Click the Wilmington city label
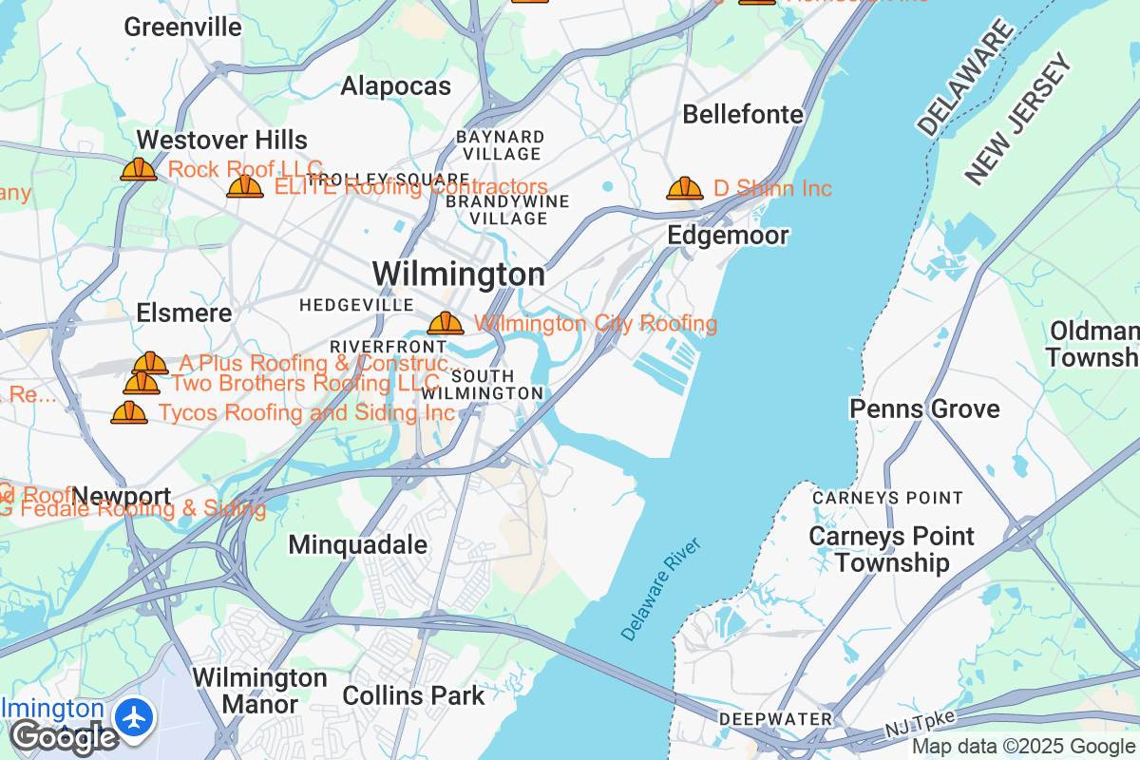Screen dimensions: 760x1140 click(458, 275)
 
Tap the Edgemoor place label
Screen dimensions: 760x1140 click(728, 235)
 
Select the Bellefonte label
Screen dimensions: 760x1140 click(743, 115)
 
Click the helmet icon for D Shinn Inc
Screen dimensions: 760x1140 click(684, 188)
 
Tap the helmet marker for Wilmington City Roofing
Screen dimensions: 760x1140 click(445, 323)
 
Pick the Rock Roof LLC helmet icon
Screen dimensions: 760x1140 click(139, 169)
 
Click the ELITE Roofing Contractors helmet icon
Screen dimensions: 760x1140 click(245, 186)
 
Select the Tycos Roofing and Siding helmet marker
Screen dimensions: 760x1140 click(129, 412)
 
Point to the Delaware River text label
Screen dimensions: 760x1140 click(660, 588)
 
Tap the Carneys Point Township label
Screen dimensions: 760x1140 click(891, 549)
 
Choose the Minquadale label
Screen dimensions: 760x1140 click(357, 545)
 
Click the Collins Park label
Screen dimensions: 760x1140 click(413, 695)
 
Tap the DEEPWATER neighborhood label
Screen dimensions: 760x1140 click(775, 718)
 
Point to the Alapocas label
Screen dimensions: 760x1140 click(395, 86)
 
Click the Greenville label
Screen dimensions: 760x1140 click(182, 27)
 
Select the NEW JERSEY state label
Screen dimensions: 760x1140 click(1018, 119)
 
